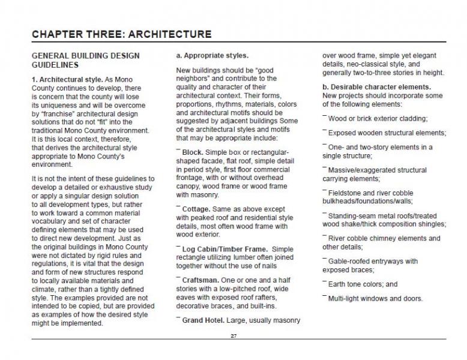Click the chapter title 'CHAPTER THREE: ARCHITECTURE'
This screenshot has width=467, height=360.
pos(121,34)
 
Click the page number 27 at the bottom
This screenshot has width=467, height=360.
pos(233,336)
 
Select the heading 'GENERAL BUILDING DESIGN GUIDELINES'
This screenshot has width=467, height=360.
pos(85,60)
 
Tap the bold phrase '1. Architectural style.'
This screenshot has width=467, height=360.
pos(67,80)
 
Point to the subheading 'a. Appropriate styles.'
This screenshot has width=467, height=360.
pos(212,56)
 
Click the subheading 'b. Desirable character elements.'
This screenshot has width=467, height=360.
pos(376,87)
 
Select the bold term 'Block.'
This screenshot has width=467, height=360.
pos(193,152)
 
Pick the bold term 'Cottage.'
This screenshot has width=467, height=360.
pos(196,209)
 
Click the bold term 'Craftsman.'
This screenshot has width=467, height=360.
pos(200,280)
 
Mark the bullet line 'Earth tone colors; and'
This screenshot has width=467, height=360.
pos(363,284)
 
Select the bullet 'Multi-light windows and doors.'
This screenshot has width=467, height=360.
pos(375,299)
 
